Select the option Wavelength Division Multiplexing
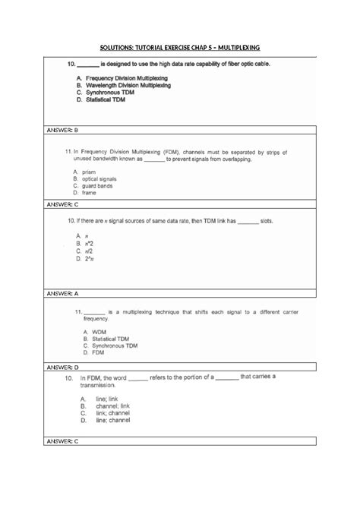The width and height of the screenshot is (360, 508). point(128,86)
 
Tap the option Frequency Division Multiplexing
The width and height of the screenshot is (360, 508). point(127,78)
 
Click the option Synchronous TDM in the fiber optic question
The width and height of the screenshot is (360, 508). point(111,93)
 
